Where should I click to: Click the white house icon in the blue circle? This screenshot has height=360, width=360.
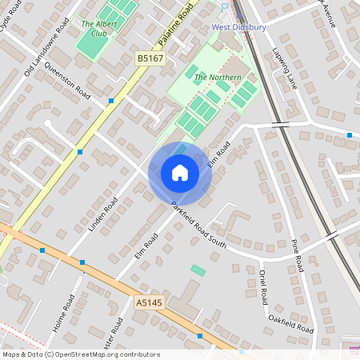(180, 173)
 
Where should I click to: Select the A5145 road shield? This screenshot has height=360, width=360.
(148, 302)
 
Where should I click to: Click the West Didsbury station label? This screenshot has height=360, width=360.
(238, 26)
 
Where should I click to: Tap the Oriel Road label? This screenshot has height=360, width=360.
(262, 286)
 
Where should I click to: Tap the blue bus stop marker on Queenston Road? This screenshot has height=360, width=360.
(110, 101)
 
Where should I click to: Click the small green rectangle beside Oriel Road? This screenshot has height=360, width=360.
(198, 270)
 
